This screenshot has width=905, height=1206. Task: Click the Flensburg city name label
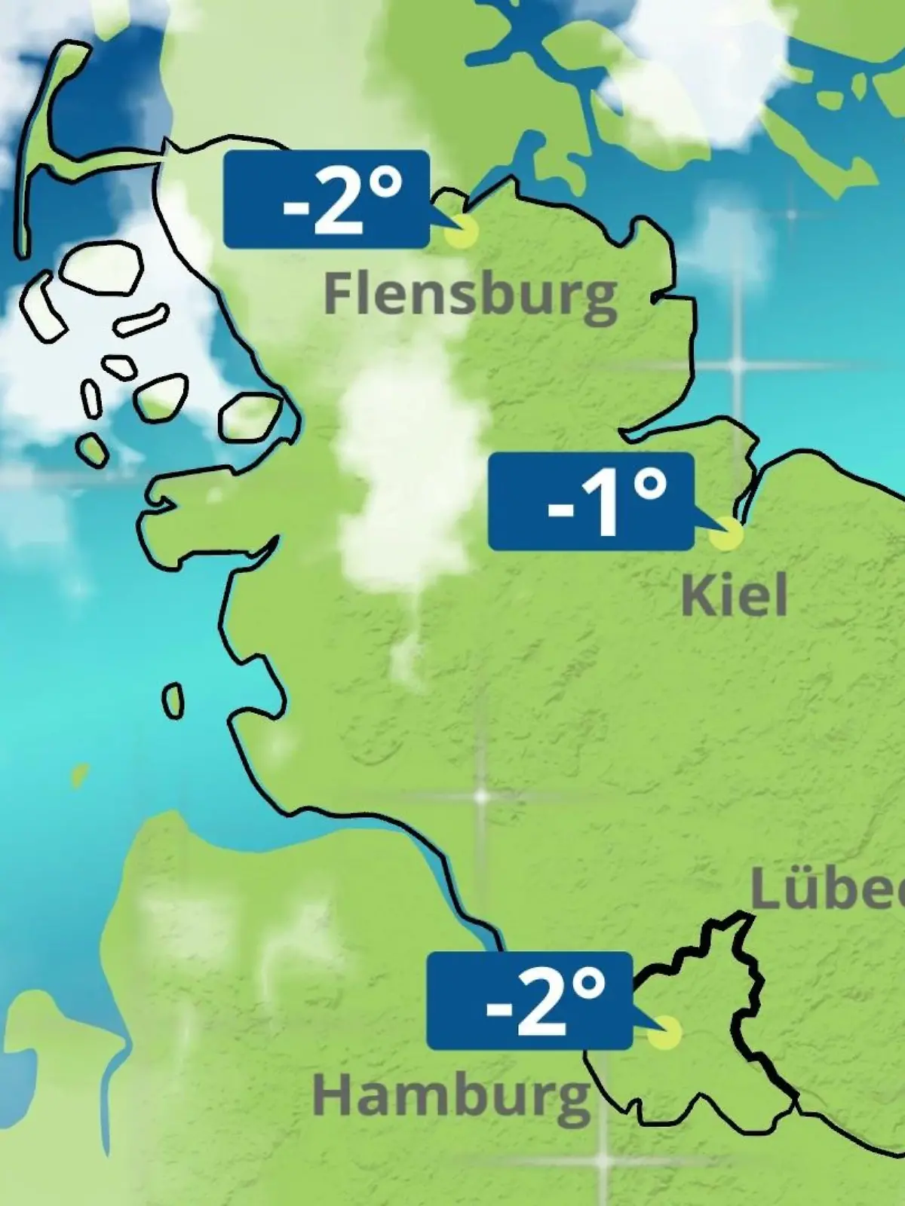[471, 294]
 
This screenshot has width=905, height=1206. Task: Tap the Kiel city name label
[734, 595]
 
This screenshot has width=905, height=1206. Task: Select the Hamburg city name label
[451, 1097]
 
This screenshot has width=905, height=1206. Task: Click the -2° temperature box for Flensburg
[327, 199]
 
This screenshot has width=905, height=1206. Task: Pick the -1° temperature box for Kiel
[591, 500]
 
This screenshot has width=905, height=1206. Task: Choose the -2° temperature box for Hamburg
[529, 1001]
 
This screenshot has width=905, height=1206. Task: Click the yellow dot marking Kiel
[726, 534]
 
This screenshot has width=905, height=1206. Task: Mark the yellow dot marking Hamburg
[665, 1033]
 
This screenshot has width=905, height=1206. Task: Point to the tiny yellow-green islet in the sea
[78, 774]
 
